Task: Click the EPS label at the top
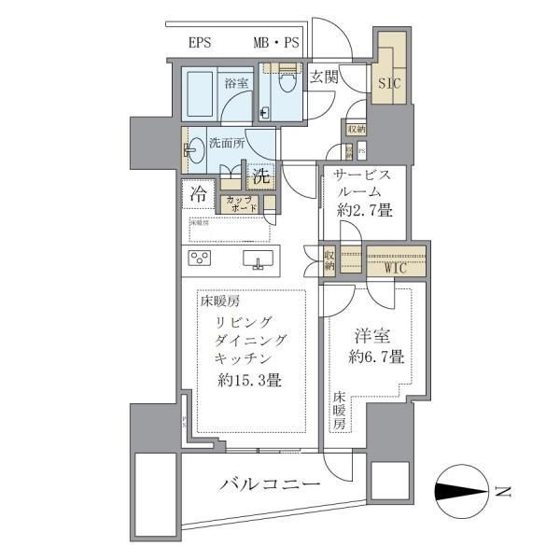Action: click(201, 43)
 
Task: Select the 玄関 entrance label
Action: click(325, 77)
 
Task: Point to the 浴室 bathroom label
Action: click(235, 83)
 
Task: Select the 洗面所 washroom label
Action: click(227, 144)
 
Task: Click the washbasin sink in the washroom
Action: click(193, 149)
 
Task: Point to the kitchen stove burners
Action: click(203, 258)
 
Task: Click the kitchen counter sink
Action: click(258, 259)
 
